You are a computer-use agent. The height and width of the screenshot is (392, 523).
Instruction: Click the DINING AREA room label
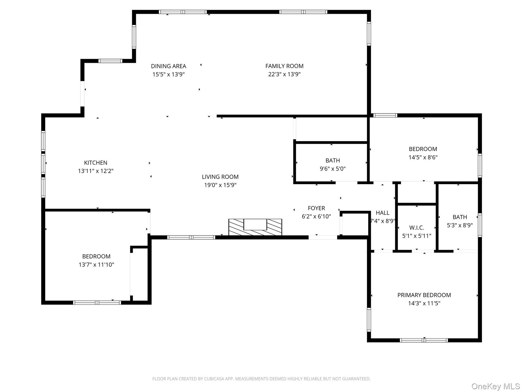click(169, 66)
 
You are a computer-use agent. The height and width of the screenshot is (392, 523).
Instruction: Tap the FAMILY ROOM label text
click(284, 66)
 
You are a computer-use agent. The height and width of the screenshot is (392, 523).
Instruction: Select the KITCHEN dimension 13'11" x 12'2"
click(96, 171)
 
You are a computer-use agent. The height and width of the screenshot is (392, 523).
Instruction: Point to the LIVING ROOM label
click(220, 177)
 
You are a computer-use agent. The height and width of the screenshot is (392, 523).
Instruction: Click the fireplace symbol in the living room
click(255, 227)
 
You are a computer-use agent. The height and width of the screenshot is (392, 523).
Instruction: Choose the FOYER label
click(316, 208)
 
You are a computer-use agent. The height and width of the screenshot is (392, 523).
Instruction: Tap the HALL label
click(382, 213)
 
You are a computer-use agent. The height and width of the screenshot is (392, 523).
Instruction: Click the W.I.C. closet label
click(416, 228)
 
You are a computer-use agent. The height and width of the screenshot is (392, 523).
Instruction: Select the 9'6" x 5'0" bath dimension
click(333, 169)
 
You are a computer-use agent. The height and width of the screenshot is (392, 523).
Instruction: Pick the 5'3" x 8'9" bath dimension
click(460, 225)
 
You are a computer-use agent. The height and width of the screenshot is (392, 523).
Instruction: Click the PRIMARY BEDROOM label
click(424, 295)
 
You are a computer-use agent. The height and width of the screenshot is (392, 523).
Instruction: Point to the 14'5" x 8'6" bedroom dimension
click(423, 157)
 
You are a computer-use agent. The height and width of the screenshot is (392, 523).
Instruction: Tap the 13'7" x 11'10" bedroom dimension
click(96, 265)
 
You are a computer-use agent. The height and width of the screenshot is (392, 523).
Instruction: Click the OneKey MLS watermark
click(496, 386)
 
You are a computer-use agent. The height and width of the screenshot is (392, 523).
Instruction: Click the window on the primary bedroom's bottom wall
click(424, 340)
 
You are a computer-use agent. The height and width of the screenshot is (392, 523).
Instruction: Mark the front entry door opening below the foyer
click(323, 237)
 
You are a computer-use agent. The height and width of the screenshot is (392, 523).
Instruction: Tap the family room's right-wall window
click(369, 33)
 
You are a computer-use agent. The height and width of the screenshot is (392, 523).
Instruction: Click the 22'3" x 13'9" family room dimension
click(284, 74)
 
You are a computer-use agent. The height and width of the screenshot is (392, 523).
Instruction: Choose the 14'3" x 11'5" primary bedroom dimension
click(424, 303)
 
